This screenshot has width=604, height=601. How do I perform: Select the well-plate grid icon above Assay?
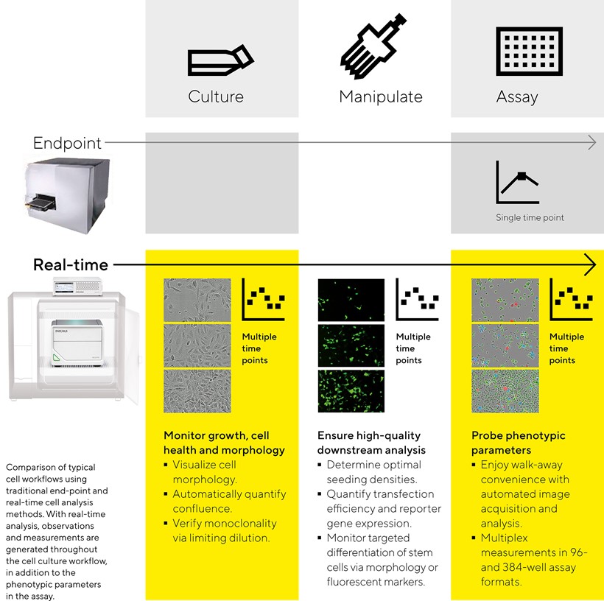pos(529,51)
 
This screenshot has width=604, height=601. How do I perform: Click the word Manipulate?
pos(381,96)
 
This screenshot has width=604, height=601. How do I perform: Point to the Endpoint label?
pos(67,143)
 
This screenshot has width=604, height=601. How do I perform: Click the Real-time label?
pos(71,264)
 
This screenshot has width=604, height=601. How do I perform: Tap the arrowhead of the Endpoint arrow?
pos(591,143)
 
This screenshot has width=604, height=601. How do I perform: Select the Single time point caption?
pos(530,218)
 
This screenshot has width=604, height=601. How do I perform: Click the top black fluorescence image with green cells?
pos(351,300)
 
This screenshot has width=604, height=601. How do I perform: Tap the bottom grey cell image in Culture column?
pos(197,390)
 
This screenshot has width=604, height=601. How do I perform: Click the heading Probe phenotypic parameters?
pos(519,443)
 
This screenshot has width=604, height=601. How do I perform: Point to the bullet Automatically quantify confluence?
pos(229,501)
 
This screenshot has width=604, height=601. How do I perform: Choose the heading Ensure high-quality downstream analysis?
pos(371,443)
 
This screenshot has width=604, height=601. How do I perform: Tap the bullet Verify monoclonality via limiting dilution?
pos(225,530)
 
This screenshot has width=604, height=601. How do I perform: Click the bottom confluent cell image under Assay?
pos(505,390)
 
